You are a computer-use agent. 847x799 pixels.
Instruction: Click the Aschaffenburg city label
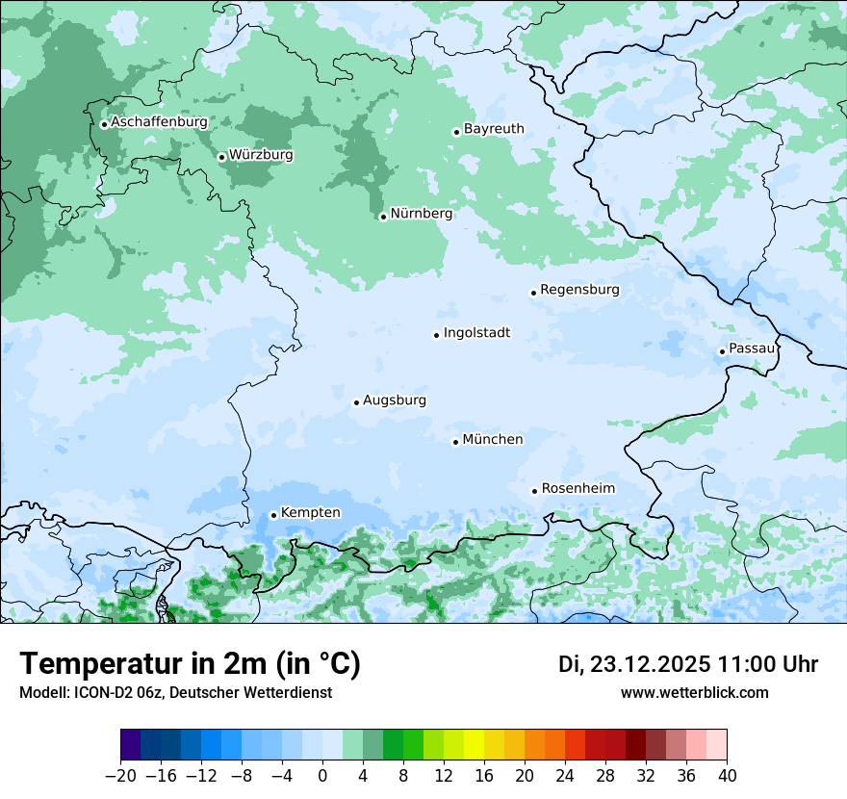click(x=159, y=122)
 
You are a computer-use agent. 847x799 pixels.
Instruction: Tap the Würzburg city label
click(x=261, y=155)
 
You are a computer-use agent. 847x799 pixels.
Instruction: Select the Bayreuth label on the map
click(x=494, y=129)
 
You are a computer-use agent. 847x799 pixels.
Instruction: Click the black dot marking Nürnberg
click(x=383, y=217)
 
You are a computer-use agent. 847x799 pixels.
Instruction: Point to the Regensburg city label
click(x=579, y=290)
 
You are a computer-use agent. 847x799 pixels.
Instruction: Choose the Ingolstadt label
click(x=476, y=333)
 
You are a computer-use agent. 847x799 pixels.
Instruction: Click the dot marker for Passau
click(x=722, y=351)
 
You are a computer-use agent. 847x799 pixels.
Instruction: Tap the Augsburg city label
click(x=395, y=400)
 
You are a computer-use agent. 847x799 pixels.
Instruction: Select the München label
click(x=493, y=440)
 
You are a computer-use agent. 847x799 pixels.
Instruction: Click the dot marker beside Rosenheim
click(x=534, y=491)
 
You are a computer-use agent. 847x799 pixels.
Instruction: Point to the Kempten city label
click(x=310, y=513)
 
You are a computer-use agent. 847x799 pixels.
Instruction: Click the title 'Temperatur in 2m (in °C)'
click(x=190, y=664)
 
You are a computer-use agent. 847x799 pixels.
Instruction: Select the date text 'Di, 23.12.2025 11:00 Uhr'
click(x=688, y=664)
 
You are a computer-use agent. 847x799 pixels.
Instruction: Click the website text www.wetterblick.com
click(x=694, y=693)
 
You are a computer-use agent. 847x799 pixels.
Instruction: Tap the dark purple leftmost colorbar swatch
click(x=131, y=745)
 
